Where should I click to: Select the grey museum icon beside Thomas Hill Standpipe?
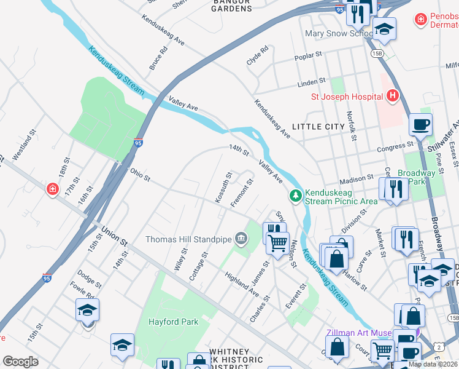[241, 238]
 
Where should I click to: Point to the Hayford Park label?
[172, 322]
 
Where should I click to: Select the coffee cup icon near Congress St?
[420, 124]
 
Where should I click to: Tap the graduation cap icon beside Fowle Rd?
[87, 311]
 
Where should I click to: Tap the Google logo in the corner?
[20, 362]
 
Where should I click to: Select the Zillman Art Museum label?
[359, 333]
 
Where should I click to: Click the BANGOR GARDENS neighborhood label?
[232, 6]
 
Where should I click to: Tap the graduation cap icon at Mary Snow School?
[384, 29]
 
